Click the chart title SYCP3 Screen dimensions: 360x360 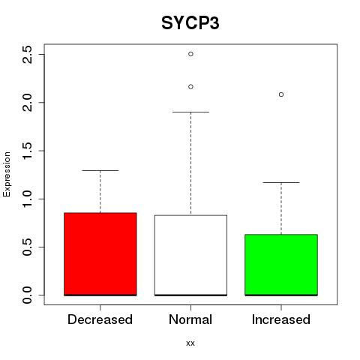[190, 23]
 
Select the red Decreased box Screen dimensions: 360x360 [100, 254]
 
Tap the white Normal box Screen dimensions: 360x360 [190, 255]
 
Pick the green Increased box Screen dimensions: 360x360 [281, 265]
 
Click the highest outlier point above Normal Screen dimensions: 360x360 [190, 54]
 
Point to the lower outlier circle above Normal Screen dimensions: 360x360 [190, 87]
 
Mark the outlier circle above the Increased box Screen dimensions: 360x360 [281, 94]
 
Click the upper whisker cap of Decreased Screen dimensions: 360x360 [100, 170]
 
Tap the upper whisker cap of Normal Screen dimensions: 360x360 [190, 112]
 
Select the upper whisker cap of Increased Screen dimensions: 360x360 [281, 182]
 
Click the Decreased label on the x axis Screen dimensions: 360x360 [100, 319]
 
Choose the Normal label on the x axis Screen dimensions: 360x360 [190, 319]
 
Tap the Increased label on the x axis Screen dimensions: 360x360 [281, 319]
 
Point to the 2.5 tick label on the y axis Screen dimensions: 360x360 [27, 55]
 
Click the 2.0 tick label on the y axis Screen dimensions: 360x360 [27, 103]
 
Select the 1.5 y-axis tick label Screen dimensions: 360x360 [27, 151]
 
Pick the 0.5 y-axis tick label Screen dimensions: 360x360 [27, 247]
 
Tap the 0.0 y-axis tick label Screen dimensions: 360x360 [27, 295]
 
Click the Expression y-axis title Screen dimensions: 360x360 [7, 174]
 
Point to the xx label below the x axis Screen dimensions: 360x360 [190, 343]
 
